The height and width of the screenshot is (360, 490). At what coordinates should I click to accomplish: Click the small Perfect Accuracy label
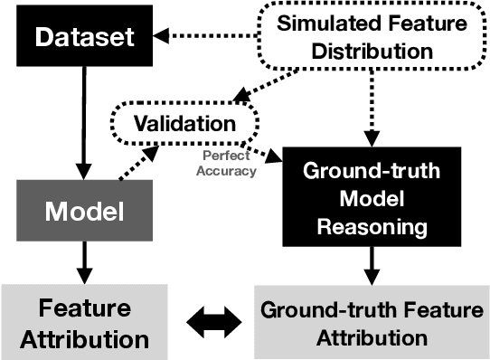pos(227,164)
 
